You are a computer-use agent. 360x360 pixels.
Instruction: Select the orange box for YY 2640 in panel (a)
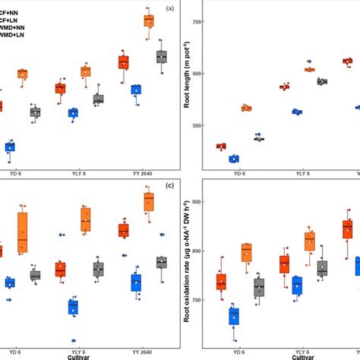148,21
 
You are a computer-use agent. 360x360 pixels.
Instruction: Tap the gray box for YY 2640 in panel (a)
161,57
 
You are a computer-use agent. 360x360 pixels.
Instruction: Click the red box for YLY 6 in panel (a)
60,88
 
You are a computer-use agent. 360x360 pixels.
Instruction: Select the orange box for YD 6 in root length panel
245,109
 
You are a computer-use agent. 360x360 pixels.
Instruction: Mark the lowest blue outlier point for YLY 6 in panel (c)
73,340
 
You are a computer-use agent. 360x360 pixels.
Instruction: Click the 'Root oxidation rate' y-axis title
188,270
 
